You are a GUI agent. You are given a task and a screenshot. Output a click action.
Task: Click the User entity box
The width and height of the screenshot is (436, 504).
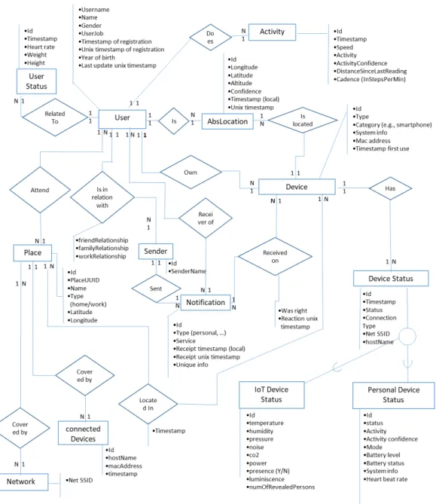point(122,119)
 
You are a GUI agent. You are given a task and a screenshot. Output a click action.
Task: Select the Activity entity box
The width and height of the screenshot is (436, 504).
point(272,32)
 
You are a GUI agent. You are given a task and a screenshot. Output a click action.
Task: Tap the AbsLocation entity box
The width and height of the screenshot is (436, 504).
point(227,121)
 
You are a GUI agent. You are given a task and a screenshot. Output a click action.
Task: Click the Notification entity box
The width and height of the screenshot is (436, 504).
point(206,302)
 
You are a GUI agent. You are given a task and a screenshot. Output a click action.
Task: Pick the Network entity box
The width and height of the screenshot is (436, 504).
point(22,481)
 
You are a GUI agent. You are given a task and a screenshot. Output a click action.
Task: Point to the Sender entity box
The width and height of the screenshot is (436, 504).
point(156,252)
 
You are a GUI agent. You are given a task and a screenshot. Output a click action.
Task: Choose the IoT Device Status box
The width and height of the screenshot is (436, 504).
point(272,395)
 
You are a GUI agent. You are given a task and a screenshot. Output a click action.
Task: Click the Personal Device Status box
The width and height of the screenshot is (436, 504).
point(393,395)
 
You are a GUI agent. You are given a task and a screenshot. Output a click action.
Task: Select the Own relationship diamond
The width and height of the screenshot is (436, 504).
point(191,173)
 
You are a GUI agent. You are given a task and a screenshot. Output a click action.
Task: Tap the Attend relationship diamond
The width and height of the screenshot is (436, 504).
point(40,190)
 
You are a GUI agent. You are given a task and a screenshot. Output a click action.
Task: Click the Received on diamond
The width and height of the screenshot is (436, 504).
point(275,256)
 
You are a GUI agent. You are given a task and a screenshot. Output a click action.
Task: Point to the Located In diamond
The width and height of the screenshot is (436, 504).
point(148,404)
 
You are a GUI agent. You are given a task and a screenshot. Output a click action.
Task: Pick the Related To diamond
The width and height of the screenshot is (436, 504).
point(55,118)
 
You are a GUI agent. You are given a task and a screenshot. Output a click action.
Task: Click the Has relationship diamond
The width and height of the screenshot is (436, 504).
point(390,188)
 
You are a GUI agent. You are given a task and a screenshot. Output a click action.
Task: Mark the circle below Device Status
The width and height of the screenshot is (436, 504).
point(407,336)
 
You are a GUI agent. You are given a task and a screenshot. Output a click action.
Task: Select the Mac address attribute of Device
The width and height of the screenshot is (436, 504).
point(372,141)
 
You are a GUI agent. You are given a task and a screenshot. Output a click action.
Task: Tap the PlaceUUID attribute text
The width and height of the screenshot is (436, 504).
point(84,280)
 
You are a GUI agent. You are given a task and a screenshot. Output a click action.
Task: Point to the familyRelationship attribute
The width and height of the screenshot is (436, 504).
point(102,248)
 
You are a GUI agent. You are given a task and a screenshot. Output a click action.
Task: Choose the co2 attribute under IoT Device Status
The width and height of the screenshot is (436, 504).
point(253,455)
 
